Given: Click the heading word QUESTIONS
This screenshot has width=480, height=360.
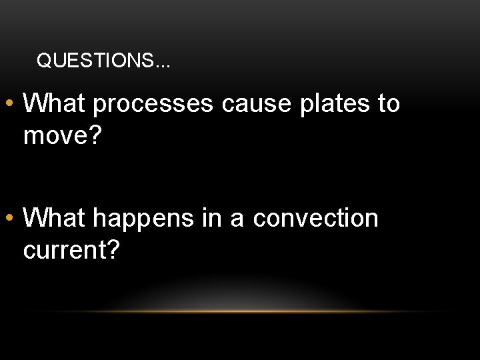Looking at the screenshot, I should tap(95, 62).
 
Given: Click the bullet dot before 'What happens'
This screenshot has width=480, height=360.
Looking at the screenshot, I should tap(11, 218).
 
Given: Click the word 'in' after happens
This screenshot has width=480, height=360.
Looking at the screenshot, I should tap(212, 217).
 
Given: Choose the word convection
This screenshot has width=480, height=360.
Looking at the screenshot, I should tap(315, 218).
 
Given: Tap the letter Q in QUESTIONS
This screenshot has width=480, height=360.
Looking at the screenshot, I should tap(43, 62).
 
